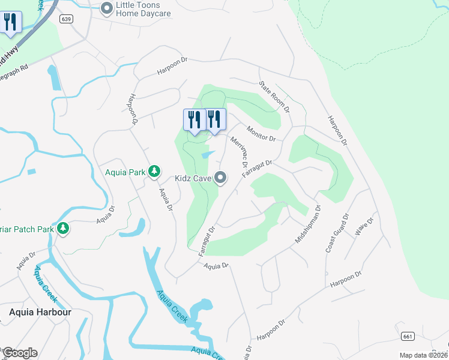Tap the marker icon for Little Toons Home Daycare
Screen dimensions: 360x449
(x=107, y=8)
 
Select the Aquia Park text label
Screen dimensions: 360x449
(x=125, y=172)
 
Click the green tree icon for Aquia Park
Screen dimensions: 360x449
(x=154, y=172)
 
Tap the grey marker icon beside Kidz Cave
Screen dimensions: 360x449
(x=221, y=177)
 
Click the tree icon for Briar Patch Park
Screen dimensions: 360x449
(x=62, y=229)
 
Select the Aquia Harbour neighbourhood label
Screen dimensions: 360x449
(x=40, y=312)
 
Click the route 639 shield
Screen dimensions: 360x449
(x=67, y=20)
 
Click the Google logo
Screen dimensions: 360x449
(x=20, y=353)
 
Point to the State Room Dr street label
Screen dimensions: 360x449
(x=274, y=98)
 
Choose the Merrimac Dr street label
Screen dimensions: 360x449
(x=239, y=151)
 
